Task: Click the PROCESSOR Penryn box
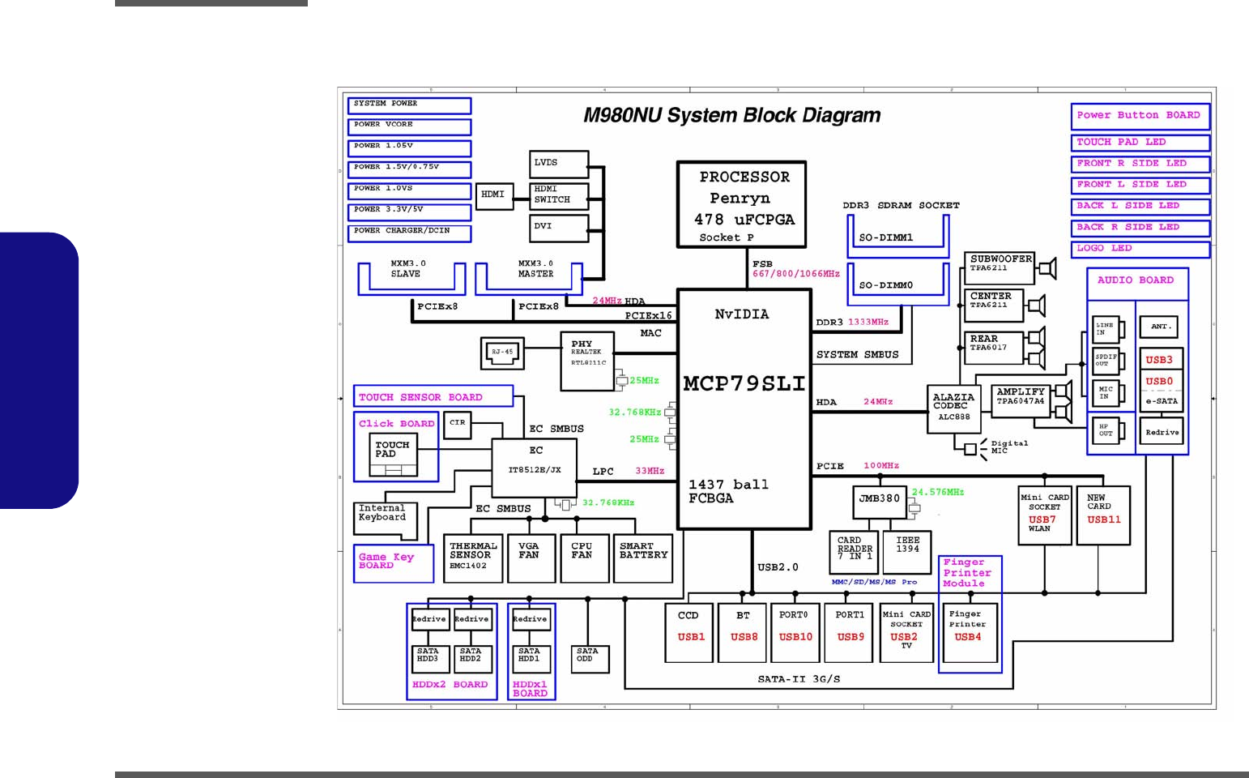741,204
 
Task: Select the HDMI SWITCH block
559,194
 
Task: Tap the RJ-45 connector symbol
503,353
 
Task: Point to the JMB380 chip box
880,499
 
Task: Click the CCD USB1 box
690,632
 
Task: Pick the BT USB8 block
744,632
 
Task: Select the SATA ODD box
588,658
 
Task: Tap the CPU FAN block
584,558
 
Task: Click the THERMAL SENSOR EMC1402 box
473,558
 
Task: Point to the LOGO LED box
1140,249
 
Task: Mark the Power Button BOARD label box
1140,116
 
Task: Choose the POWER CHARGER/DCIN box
409,233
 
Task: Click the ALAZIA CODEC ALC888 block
953,408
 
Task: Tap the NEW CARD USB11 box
1103,515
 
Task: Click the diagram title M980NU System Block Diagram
731,116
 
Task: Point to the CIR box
458,425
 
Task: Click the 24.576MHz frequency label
938,492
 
